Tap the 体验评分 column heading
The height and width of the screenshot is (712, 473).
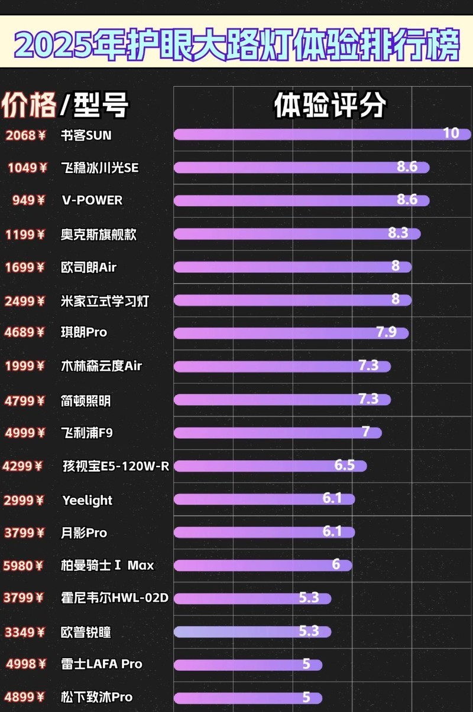coord(329,106)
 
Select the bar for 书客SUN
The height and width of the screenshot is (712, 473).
coord(307,135)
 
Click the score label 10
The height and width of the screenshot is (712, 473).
coord(451,133)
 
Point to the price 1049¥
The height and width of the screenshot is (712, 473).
coord(27,168)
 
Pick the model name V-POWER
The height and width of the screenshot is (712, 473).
coord(92,200)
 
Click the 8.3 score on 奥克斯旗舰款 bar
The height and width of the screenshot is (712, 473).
coord(398,233)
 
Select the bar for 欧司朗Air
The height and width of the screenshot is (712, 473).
coord(284,267)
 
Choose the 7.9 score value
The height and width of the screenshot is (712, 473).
coord(386,332)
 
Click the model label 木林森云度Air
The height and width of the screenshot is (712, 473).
coord(102,366)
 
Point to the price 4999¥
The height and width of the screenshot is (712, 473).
coord(25,433)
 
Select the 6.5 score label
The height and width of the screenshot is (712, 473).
coord(344,465)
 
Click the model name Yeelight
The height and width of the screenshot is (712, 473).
coord(88,500)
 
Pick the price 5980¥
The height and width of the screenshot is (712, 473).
coord(24,566)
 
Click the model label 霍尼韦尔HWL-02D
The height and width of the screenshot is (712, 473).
coord(115,598)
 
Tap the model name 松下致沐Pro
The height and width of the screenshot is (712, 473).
coord(97,697)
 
